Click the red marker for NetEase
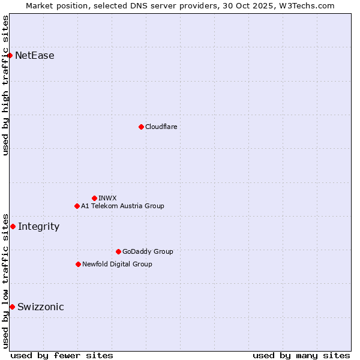[10, 55]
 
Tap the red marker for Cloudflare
[141, 127]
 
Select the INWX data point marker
[94, 198]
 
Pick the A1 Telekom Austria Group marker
[77, 206]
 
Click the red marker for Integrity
[13, 226]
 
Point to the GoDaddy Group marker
[118, 251]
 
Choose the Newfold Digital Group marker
[78, 264]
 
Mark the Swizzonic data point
[12, 307]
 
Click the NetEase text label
[35, 56]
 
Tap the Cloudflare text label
[161, 127]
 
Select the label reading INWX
[107, 198]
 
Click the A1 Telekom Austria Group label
[122, 206]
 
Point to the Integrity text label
[39, 227]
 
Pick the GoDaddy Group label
[148, 251]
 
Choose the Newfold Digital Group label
[117, 264]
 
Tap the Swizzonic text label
[41, 307]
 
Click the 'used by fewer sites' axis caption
[62, 355]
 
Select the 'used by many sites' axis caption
[301, 355]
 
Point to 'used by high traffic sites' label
[5, 85]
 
